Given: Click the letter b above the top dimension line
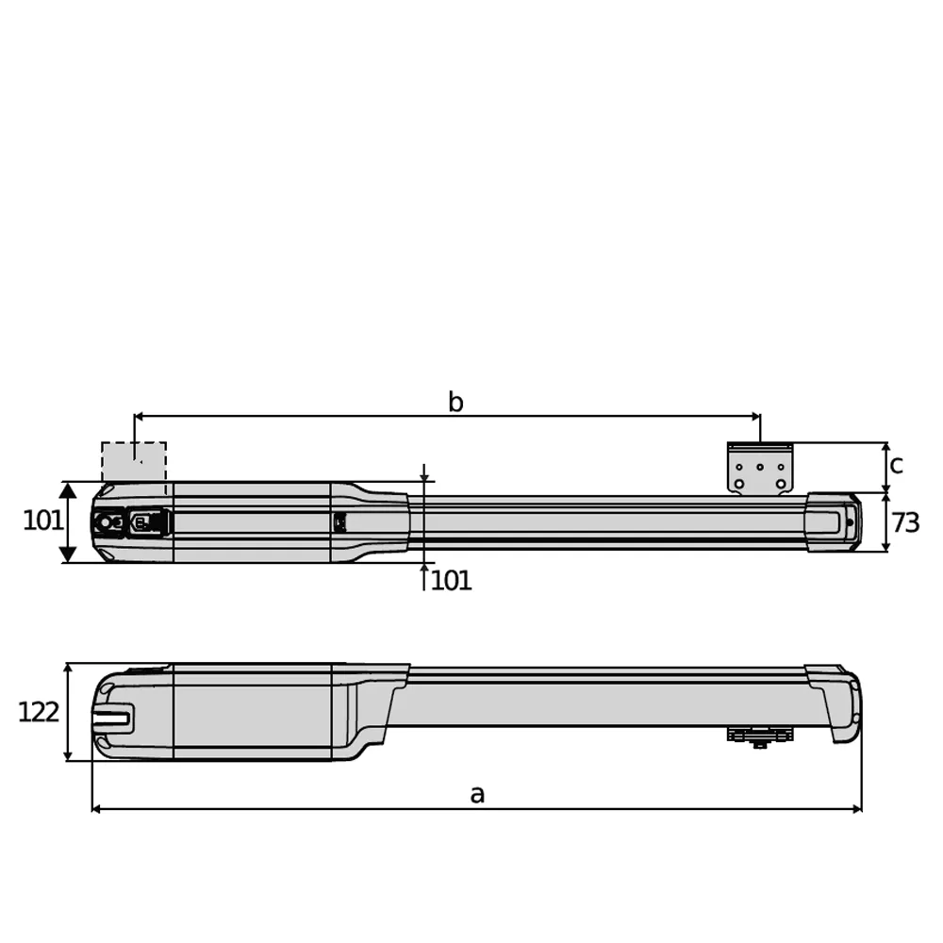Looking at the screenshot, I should click(455, 403).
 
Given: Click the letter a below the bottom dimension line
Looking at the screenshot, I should click(477, 794).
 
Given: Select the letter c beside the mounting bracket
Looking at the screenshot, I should click(897, 464).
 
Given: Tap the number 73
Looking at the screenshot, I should click(905, 523).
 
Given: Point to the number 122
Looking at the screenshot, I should click(39, 712).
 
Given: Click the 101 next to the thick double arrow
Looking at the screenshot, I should click(42, 520).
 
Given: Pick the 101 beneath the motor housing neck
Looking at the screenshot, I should click(451, 581).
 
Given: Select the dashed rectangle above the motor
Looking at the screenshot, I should click(134, 462).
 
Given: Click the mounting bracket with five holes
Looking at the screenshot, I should click(759, 469).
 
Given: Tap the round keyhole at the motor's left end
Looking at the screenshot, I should click(104, 521).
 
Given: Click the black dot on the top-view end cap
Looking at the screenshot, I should click(850, 522).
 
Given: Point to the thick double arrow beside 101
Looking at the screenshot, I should click(68, 521).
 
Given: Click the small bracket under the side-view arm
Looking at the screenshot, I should click(759, 736).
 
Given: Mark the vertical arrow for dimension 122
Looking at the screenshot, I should click(68, 712).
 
